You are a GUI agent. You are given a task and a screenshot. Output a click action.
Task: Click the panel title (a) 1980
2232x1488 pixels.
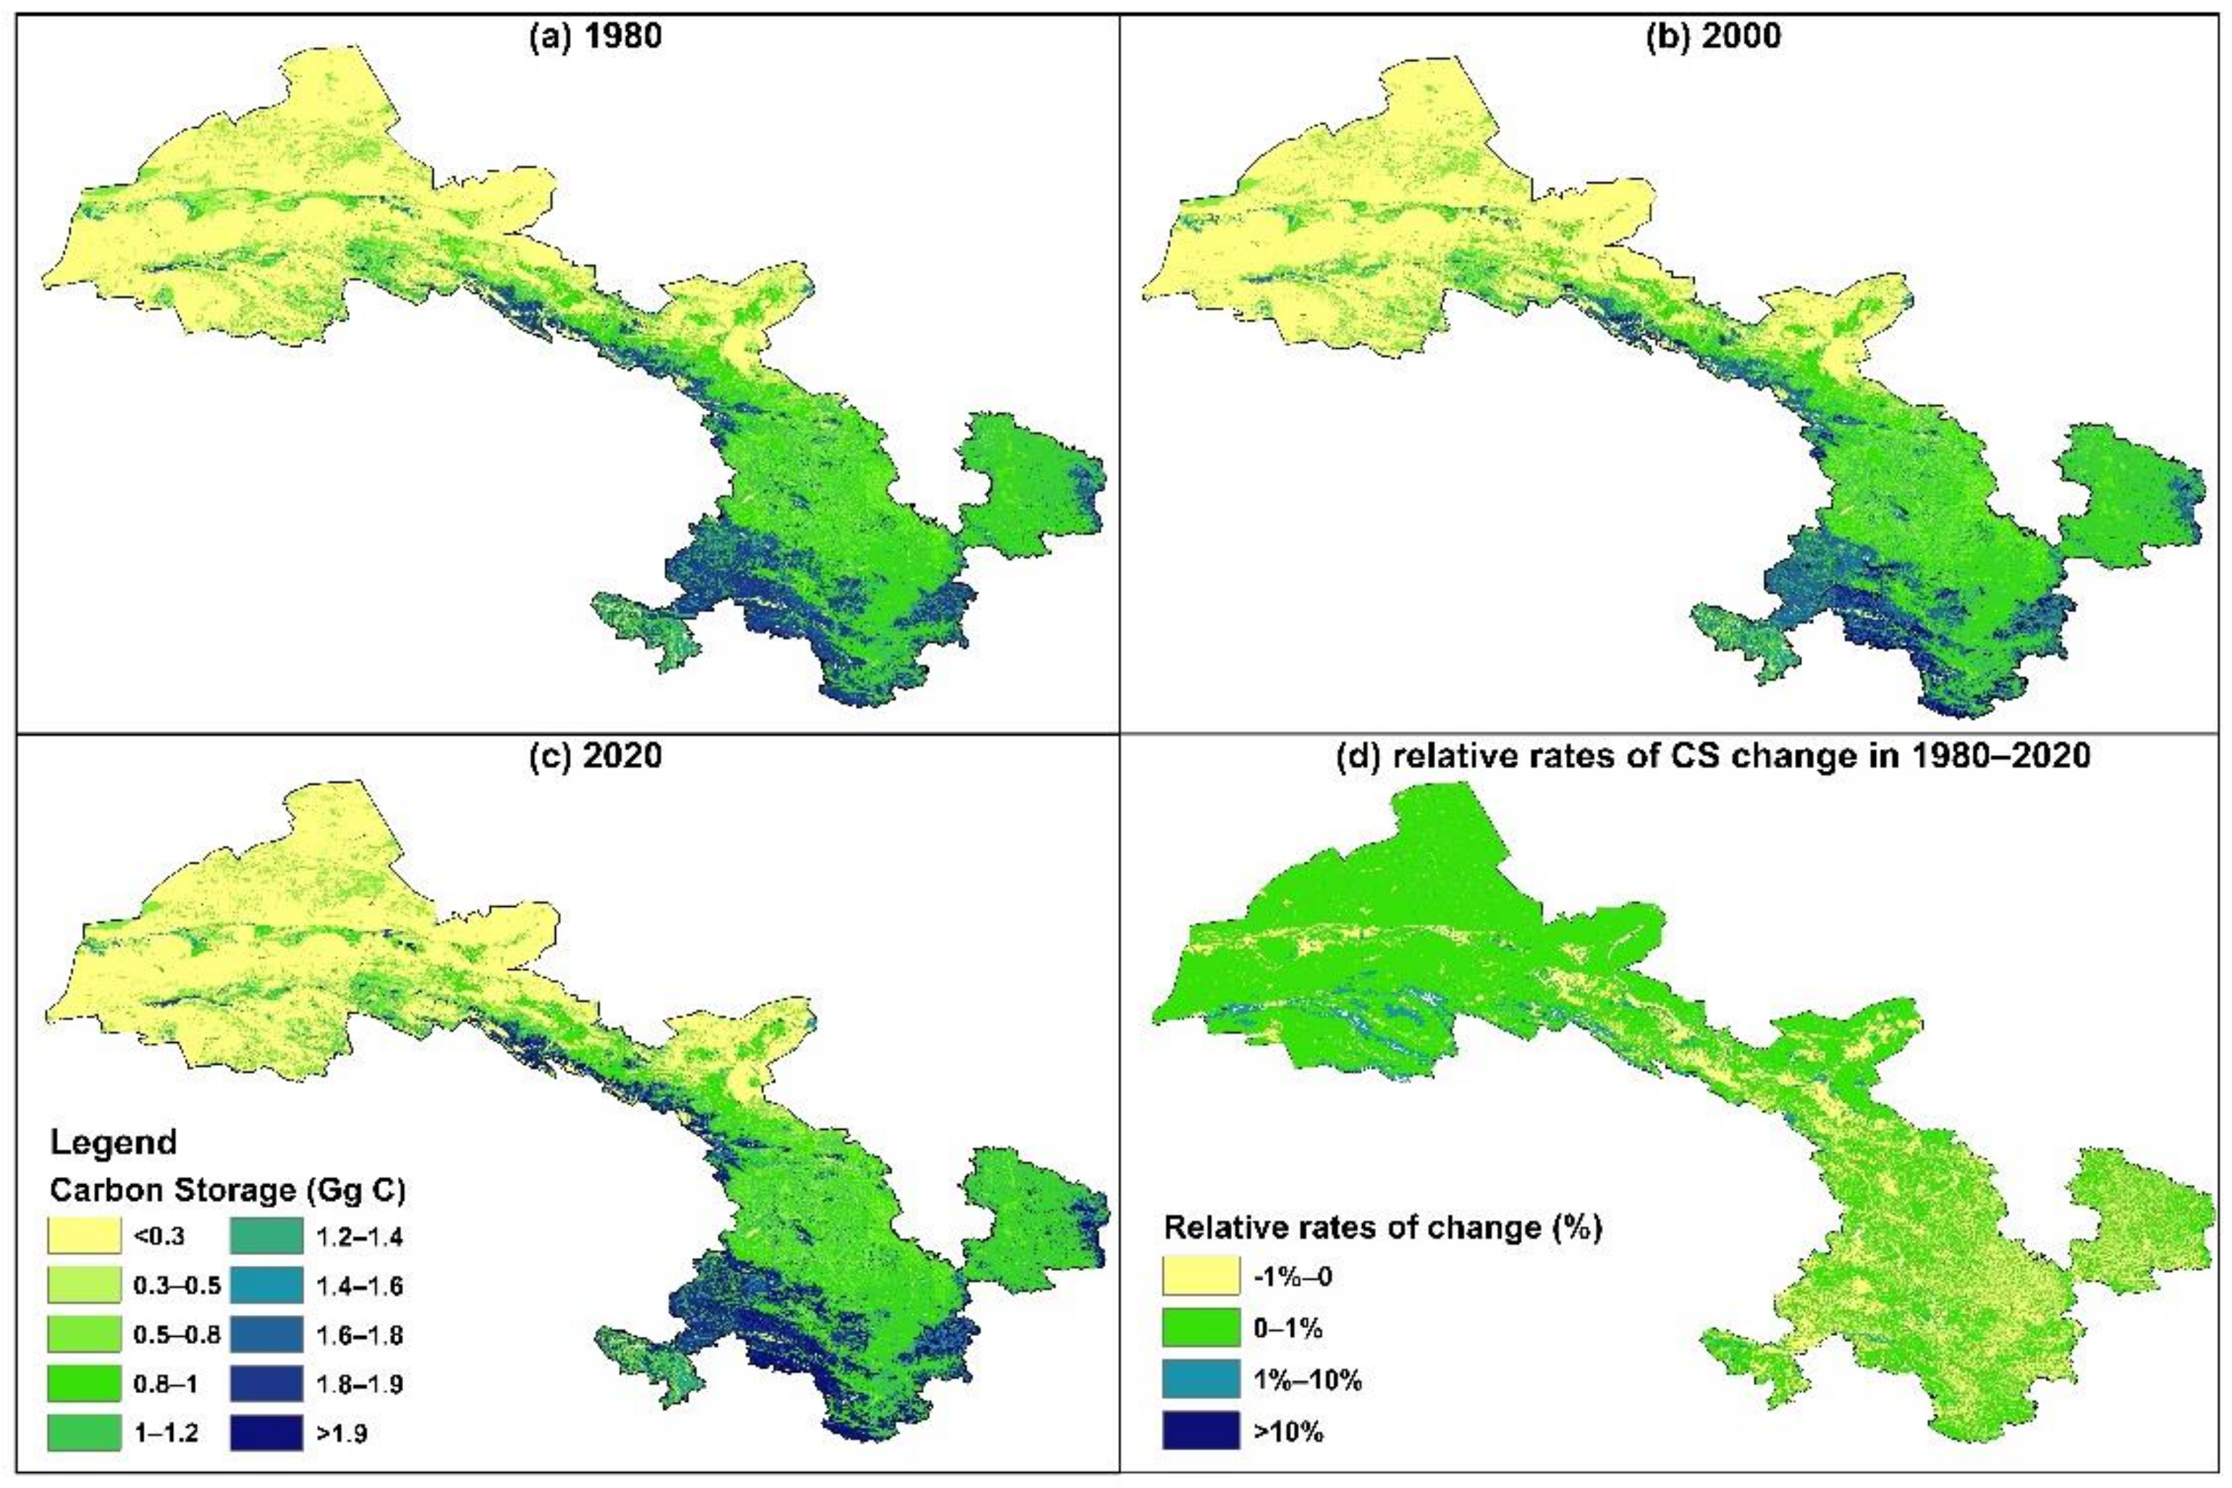pyautogui.click(x=595, y=37)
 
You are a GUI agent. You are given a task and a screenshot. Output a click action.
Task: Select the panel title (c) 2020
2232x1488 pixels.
pyautogui.click(x=595, y=756)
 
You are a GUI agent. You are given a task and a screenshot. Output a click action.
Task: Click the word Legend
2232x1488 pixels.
pyautogui.click(x=113, y=1141)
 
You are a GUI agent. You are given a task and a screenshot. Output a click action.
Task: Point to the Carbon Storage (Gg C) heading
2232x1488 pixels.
pyautogui.click(x=228, y=1190)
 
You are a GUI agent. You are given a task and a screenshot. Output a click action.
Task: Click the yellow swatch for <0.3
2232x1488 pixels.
pyautogui.click(x=85, y=1235)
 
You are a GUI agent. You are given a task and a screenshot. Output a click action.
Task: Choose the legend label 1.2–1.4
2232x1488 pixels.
pyautogui.click(x=359, y=1235)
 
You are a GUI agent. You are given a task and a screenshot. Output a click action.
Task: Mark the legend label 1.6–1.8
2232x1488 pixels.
pyautogui.click(x=359, y=1335)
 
